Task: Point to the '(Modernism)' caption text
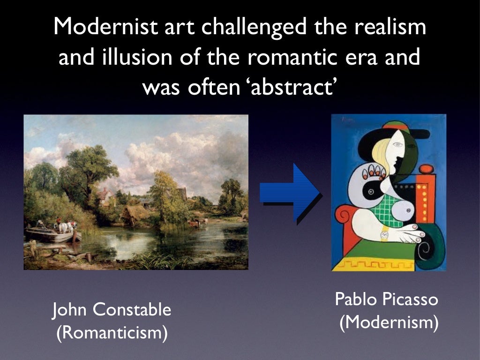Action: [389, 323]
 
